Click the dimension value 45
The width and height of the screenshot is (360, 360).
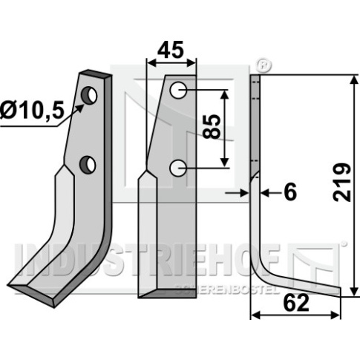[x=171, y=50]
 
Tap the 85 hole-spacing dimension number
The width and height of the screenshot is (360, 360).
[x=212, y=126]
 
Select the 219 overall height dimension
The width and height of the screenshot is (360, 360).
[x=342, y=182]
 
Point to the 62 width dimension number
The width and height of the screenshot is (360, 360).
[x=296, y=303]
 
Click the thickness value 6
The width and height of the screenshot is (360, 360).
[x=290, y=192]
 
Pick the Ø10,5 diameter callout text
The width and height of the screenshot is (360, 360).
[x=32, y=111]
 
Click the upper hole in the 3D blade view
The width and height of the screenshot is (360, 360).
[x=90, y=96]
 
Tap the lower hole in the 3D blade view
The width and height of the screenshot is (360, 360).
[x=88, y=165]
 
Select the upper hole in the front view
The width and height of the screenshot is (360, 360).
[x=178, y=90]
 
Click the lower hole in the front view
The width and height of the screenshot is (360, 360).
[x=177, y=168]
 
